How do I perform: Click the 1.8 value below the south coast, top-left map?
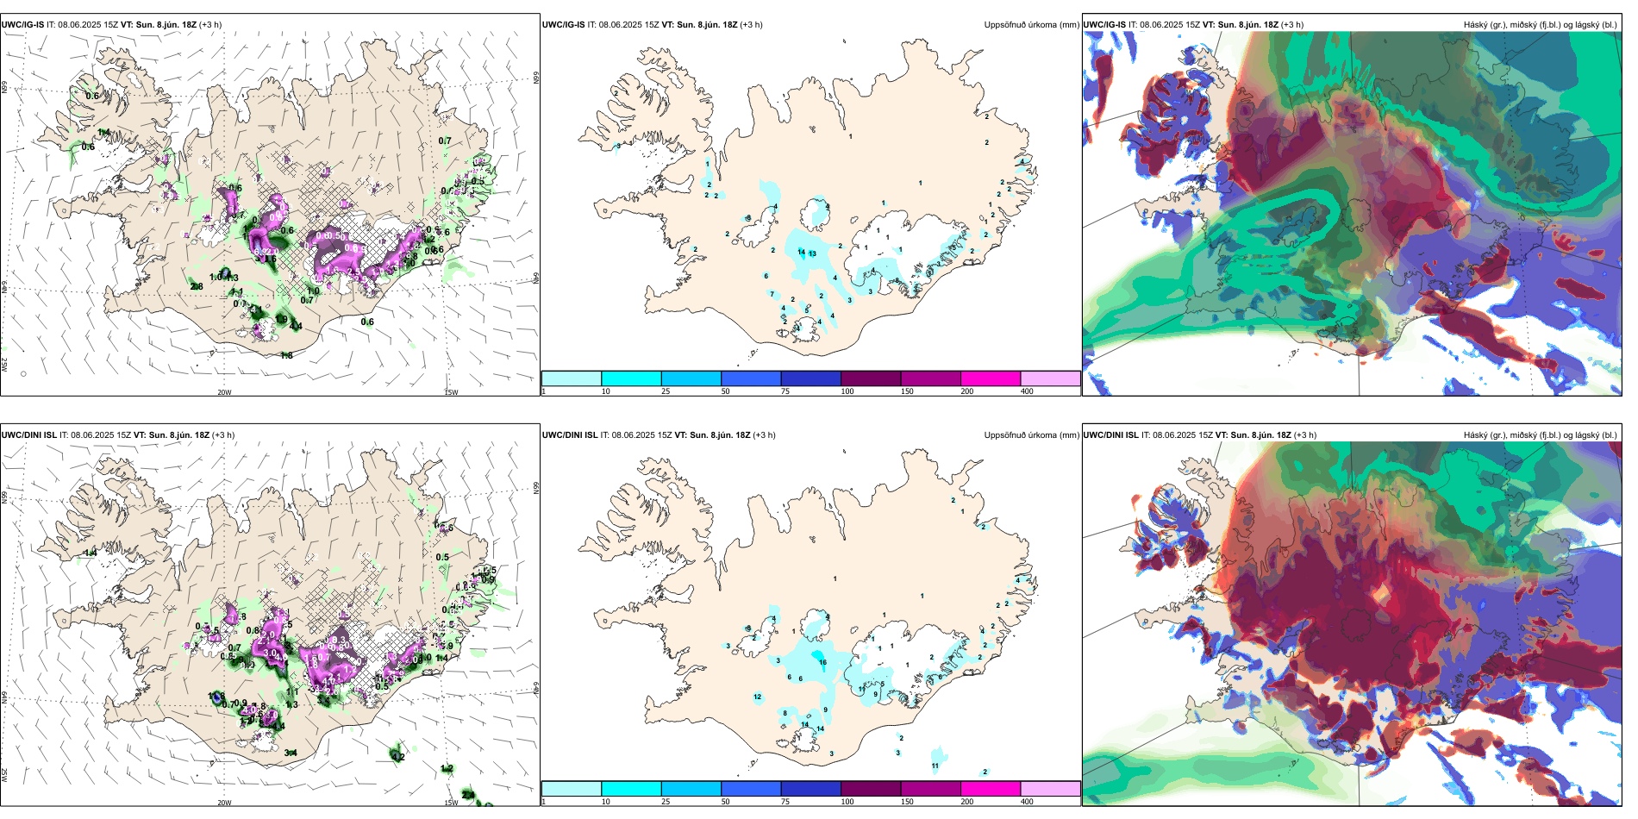pyautogui.click(x=286, y=355)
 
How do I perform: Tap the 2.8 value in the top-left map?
pyautogui.click(x=197, y=287)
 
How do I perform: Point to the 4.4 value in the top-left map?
pyautogui.click(x=296, y=326)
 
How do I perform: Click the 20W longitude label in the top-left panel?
pyautogui.click(x=224, y=392)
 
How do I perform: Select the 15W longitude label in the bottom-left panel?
pyautogui.click(x=450, y=803)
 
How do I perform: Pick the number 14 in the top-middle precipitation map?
pyautogui.click(x=802, y=252)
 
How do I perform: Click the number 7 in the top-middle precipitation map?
pyautogui.click(x=772, y=294)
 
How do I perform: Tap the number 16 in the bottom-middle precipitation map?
pyautogui.click(x=822, y=663)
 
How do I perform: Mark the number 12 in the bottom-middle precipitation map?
pyautogui.click(x=758, y=697)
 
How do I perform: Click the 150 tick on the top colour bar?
pyautogui.click(x=907, y=391)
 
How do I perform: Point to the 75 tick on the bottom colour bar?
pyautogui.click(x=785, y=802)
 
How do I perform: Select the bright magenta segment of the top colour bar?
pyautogui.click(x=990, y=378)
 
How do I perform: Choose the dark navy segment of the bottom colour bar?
pyautogui.click(x=810, y=789)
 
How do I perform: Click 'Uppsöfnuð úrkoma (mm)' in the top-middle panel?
pyautogui.click(x=1031, y=25)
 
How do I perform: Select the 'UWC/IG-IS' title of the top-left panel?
pyautogui.click(x=22, y=25)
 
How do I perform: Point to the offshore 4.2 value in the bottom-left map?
pyautogui.click(x=397, y=757)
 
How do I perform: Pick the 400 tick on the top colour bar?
pyautogui.click(x=1027, y=391)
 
